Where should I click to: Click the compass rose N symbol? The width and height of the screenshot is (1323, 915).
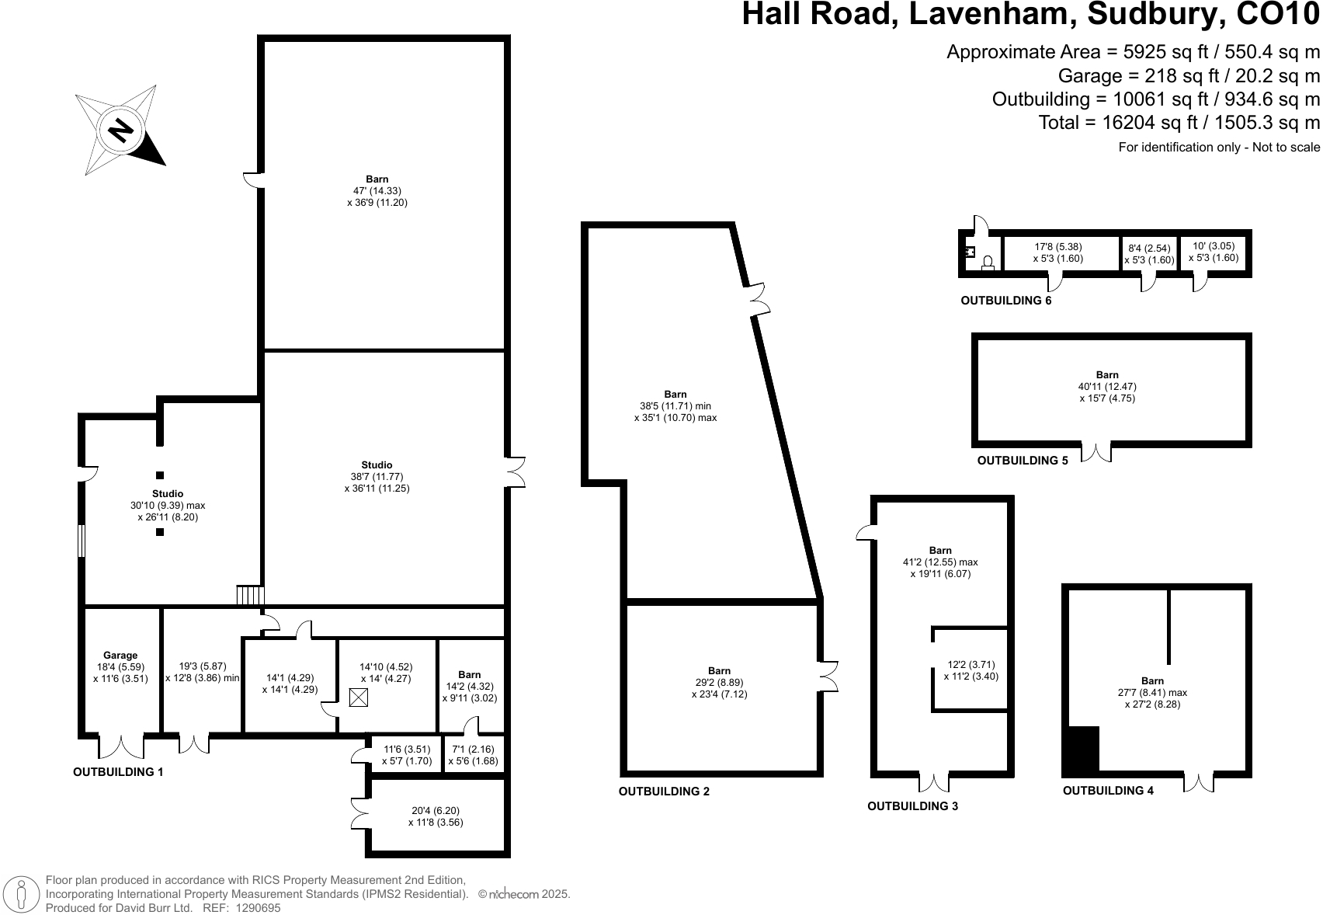click(x=120, y=130)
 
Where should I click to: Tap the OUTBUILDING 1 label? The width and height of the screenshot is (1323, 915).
click(x=118, y=772)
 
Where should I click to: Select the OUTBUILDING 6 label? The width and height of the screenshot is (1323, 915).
click(x=1005, y=301)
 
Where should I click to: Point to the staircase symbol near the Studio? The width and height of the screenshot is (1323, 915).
click(x=251, y=596)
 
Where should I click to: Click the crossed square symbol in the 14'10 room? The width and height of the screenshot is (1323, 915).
click(x=358, y=698)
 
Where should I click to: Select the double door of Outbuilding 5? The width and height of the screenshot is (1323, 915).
click(x=1096, y=452)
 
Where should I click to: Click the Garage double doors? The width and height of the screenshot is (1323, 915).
click(x=121, y=746)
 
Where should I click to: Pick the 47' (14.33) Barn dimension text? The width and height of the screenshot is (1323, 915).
click(x=377, y=191)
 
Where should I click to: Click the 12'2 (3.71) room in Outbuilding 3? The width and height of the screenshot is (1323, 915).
click(x=971, y=670)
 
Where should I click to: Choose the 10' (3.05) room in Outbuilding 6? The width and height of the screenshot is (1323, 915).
click(x=1213, y=252)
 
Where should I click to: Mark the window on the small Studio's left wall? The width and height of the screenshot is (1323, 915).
click(x=81, y=541)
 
